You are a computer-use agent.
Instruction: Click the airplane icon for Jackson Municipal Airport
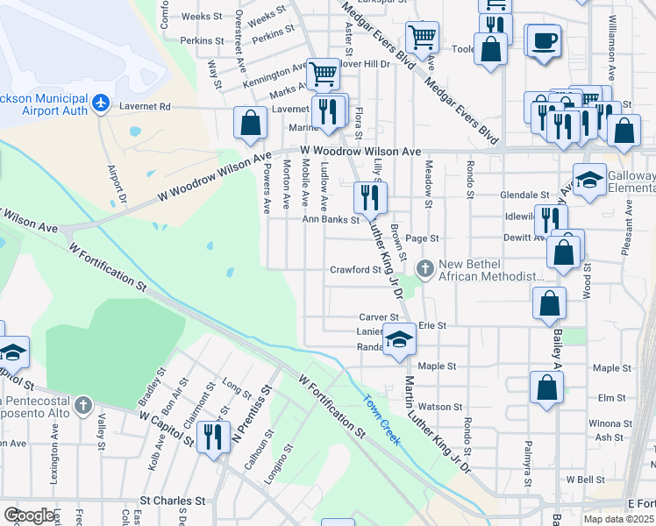[101, 104]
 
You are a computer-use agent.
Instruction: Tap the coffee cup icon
[544, 41]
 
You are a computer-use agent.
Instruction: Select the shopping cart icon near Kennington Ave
[323, 74]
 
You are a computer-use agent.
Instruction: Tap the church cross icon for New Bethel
[425, 268]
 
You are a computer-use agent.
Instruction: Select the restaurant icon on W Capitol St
[213, 435]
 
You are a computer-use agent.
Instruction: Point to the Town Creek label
[382, 420]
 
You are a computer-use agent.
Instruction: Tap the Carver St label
[379, 317]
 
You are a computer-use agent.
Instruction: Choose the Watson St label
[440, 407]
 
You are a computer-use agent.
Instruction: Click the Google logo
[30, 515]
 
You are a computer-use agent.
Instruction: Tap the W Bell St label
[585, 480]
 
